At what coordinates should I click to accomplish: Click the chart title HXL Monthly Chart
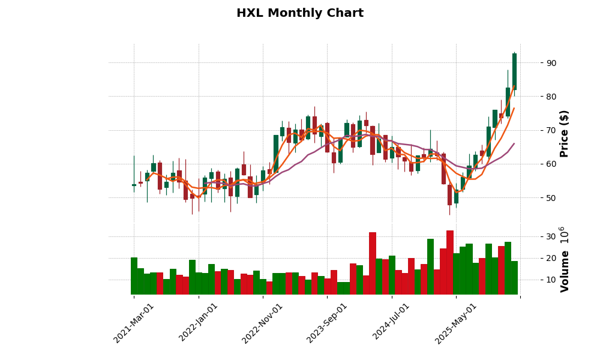click(x=300, y=13)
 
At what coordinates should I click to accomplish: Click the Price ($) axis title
click(x=564, y=133)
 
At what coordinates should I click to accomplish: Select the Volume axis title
click(x=564, y=259)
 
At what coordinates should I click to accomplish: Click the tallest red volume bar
click(x=450, y=262)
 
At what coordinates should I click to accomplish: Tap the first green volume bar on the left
click(x=134, y=276)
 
